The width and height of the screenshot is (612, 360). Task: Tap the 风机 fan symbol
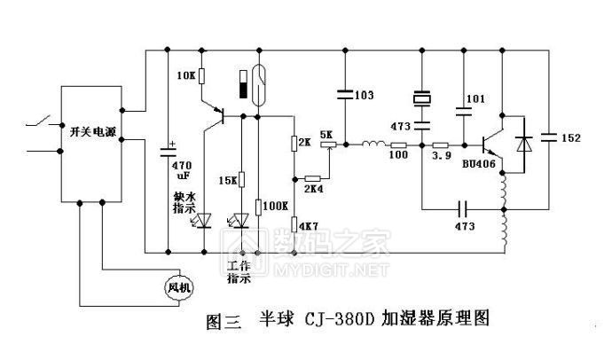coord(178,286)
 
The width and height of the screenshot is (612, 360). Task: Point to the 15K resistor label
coord(227,180)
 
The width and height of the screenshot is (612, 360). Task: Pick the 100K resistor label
coord(278,206)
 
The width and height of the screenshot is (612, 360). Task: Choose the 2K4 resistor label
coord(314,189)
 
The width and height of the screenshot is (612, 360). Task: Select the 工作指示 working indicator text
coord(239,271)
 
